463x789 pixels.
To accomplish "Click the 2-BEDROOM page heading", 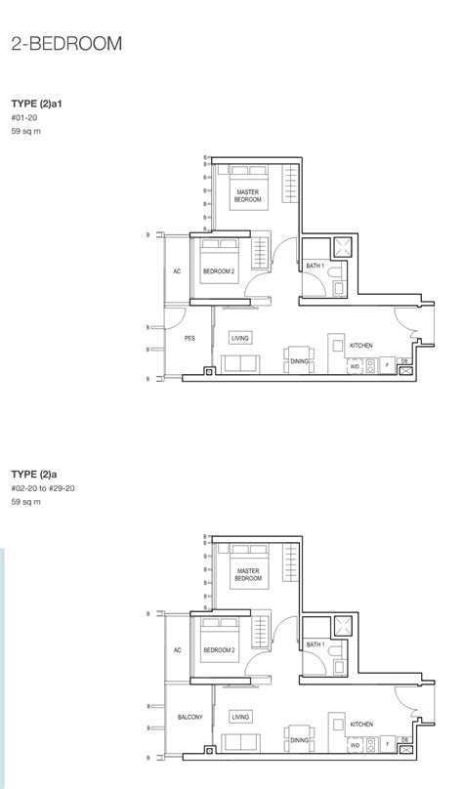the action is pos(66,44).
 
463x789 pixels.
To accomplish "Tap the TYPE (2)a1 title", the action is pos(37,104).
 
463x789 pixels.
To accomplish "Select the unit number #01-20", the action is pos(24,118).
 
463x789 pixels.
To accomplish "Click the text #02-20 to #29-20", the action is pos(43,488).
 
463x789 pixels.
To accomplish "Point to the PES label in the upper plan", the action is pos(189,339).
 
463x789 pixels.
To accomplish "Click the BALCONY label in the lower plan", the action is pos(189,717).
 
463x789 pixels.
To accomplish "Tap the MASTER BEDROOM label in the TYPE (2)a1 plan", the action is pos(247,195).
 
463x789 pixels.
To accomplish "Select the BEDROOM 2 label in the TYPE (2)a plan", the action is pos(219,650).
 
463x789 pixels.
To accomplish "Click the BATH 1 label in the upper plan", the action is pos(316,266).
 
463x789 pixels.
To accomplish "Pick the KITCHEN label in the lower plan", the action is pos(361,725).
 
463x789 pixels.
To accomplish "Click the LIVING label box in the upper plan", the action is pos(240,338).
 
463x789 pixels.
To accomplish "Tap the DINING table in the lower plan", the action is pos(299,740).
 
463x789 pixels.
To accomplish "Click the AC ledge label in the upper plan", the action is pos(177,271).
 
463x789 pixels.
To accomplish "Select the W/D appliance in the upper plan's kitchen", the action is pos(355,366).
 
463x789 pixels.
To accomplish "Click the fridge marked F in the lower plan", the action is pos(387,744).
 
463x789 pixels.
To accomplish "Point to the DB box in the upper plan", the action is pos(404,360).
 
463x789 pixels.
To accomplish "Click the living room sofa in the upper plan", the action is pos(241,364).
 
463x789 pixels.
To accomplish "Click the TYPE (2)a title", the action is pos(34,475).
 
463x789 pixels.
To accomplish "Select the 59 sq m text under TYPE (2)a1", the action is pos(25,131).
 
